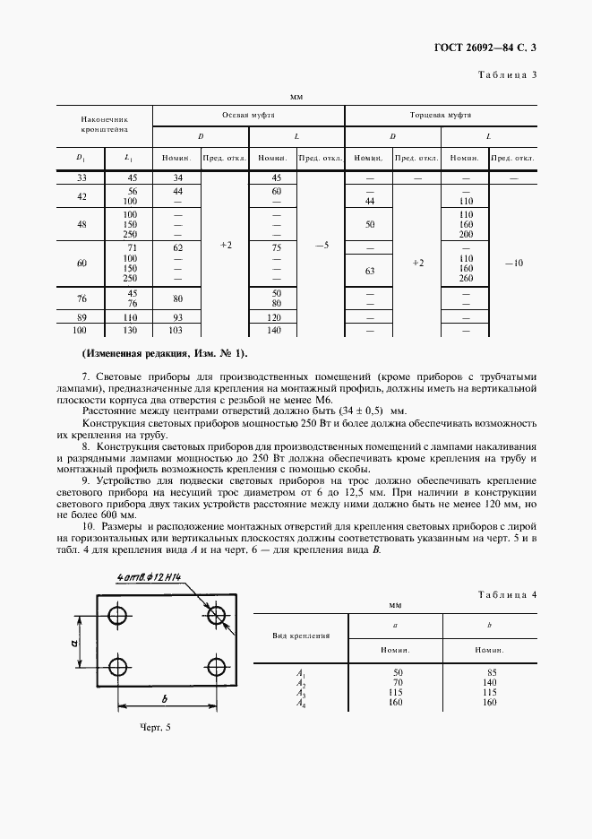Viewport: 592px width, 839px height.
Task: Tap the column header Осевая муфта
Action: (248, 116)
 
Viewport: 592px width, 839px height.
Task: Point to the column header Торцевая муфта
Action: (441, 116)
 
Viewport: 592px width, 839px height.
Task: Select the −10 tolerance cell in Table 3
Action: (512, 264)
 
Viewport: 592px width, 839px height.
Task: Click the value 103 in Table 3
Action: (176, 330)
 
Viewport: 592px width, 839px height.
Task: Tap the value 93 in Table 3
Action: (176, 317)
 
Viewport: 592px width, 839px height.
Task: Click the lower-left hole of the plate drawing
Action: (116, 664)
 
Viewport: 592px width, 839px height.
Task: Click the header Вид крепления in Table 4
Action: (301, 635)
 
